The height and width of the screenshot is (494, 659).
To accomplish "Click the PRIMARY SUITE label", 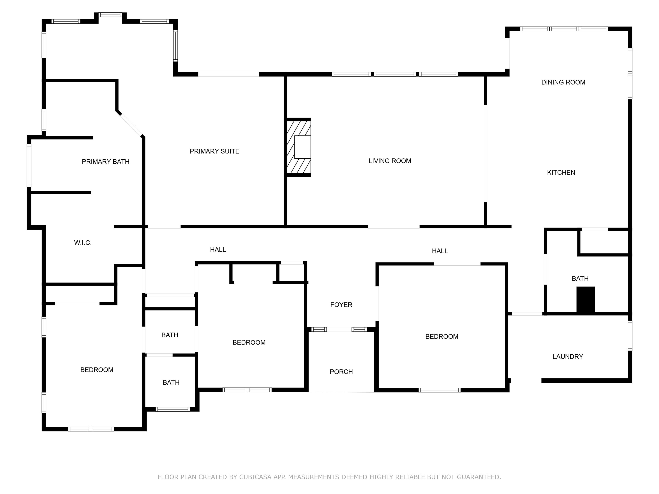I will pos(215,151).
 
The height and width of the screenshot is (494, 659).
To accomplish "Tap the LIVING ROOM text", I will pos(390,161).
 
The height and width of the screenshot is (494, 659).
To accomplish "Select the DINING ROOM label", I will pos(563,82).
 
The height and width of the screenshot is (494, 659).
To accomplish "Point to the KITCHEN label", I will pos(561,172).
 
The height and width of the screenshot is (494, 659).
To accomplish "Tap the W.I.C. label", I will pos(83,243).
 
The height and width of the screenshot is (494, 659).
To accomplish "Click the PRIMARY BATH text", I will pos(106,162).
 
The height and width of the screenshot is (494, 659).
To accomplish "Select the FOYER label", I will pos(341,305).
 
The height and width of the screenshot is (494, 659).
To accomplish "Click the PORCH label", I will pos(341,372).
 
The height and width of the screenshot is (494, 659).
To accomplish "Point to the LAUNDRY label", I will pos(568,356).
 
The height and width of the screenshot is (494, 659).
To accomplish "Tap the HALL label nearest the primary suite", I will pos(218,250).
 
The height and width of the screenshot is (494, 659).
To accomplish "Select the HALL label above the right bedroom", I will pos(440,251).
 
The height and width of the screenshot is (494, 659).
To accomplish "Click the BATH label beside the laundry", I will pos(580,279).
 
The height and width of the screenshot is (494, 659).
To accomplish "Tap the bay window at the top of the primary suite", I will pos(110,15).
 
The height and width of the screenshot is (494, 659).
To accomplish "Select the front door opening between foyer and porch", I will pos(339,329).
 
